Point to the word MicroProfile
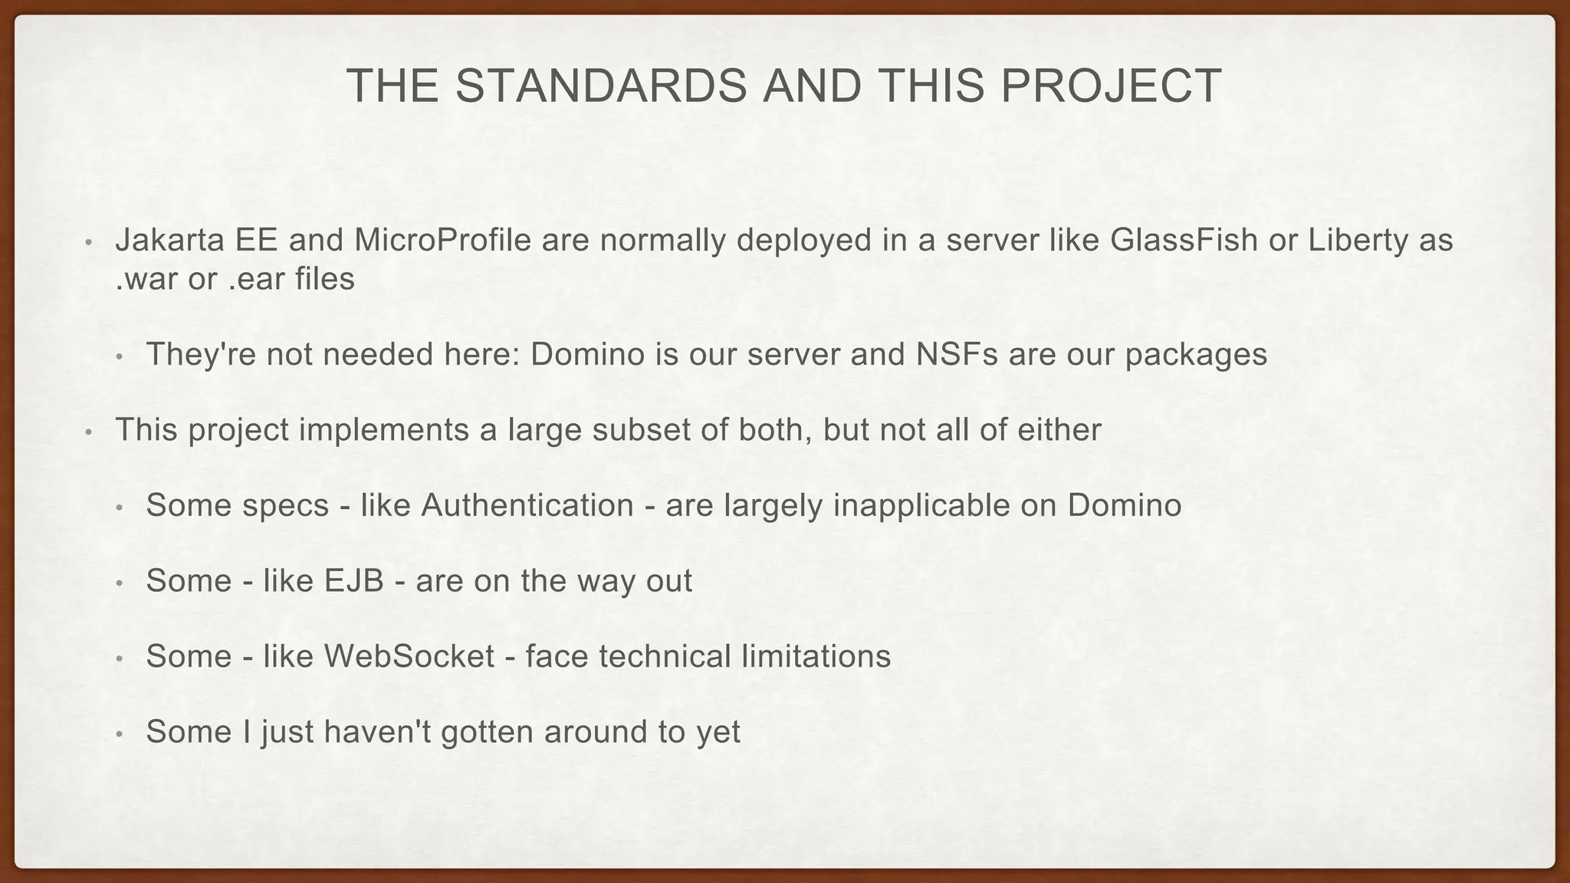442,241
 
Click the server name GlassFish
1184,241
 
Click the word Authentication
527,505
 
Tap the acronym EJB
353,581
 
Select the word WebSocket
409,656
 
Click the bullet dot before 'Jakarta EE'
89,243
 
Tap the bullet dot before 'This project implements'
89,432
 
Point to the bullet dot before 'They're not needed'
120,356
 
